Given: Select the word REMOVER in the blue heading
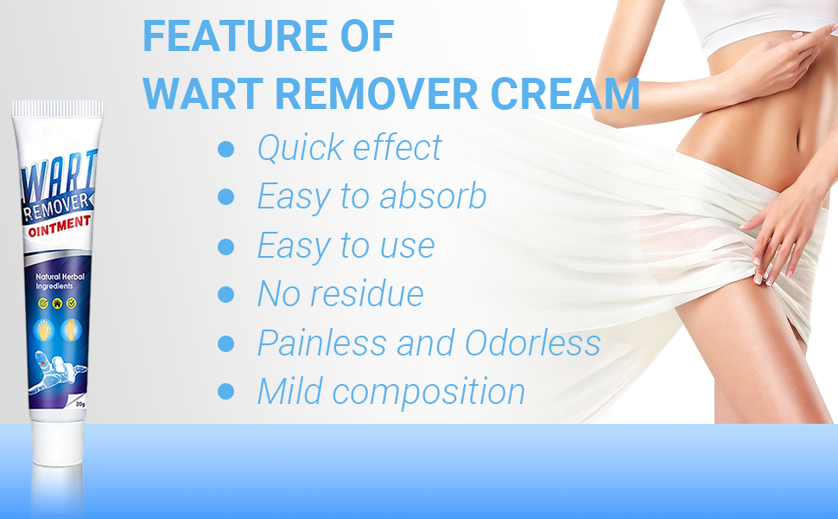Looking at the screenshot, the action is (x=377, y=94).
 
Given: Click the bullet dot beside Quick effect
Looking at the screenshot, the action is (x=226, y=149).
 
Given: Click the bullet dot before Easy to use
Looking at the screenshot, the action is (x=226, y=247).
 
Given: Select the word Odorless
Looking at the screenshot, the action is (x=532, y=343).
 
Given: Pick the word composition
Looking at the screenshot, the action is (x=429, y=392).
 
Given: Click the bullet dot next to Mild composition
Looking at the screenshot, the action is (x=226, y=392).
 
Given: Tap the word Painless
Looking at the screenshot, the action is (x=321, y=343).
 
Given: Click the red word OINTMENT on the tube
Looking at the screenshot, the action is (x=60, y=225).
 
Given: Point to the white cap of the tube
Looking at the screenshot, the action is (x=58, y=443).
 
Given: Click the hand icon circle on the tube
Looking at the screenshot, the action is (x=44, y=330).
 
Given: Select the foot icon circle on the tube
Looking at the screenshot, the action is (x=71, y=330).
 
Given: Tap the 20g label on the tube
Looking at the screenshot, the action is (x=80, y=404).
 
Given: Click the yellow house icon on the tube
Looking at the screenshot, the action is (x=57, y=304).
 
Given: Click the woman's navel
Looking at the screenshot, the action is (x=798, y=144).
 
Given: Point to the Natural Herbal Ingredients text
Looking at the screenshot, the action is (x=60, y=281).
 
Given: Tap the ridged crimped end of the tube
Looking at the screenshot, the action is (x=58, y=109).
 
